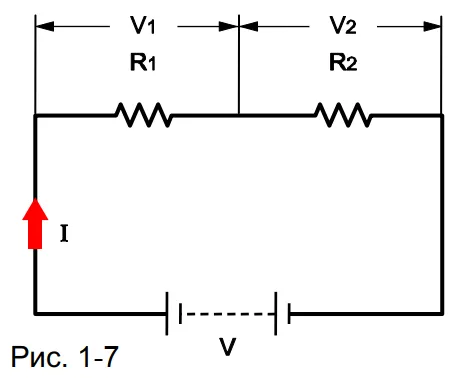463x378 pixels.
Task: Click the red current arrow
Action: [x=35, y=223]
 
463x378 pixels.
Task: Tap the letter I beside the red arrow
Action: [x=64, y=233]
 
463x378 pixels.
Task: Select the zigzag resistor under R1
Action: [x=143, y=115]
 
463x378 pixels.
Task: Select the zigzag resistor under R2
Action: [x=343, y=115]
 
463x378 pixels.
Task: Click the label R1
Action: [x=143, y=62]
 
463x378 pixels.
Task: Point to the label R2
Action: [x=343, y=62]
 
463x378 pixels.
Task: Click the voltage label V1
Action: [x=143, y=25]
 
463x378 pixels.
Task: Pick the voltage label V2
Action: [x=343, y=25]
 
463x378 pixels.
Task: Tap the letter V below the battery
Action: [x=227, y=346]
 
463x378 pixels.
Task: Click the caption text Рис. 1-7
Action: [x=65, y=357]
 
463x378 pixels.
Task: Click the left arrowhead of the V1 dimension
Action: [x=45, y=26]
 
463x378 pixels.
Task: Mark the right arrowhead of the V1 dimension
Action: [x=228, y=26]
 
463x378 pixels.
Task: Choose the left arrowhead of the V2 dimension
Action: [x=249, y=26]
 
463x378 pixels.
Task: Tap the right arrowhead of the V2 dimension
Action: [x=432, y=26]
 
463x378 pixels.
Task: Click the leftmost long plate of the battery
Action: [x=167, y=314]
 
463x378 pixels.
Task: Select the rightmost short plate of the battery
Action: [x=289, y=313]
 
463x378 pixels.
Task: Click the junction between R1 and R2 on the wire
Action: [x=239, y=115]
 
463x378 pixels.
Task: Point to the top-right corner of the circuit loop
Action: [x=442, y=115]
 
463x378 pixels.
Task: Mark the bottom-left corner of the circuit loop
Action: [x=35, y=314]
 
